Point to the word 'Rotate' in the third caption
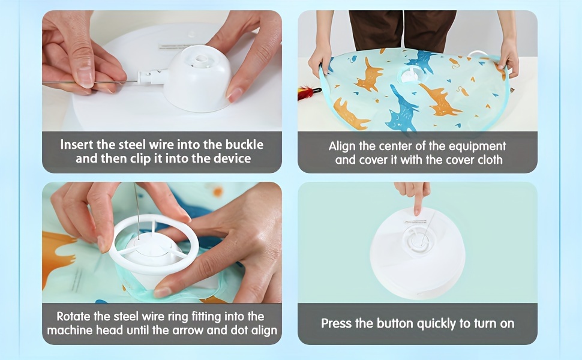[73, 317]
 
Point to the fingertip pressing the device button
[418, 212]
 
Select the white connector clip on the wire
[152, 77]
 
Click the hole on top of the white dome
[202, 59]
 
